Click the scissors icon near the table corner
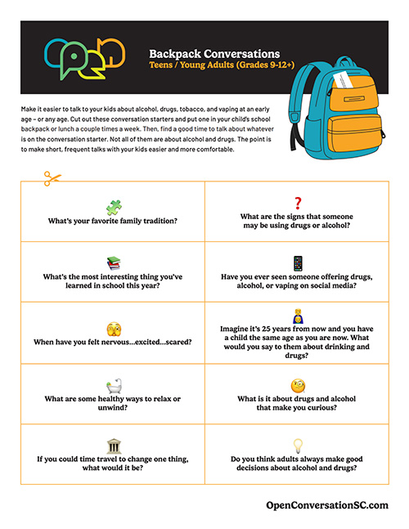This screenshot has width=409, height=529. coord(53,177)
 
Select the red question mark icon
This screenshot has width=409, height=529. coord(298,203)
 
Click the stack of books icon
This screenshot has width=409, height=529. coord(114,263)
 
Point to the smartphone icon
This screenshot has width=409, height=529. coord(298,263)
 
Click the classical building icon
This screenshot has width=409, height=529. coord(114,446)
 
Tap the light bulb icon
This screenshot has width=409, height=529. coord(298,446)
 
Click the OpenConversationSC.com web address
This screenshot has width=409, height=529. coord(328,506)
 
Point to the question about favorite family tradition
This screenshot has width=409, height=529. coord(114,222)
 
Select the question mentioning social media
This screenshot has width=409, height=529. coord(298,283)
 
